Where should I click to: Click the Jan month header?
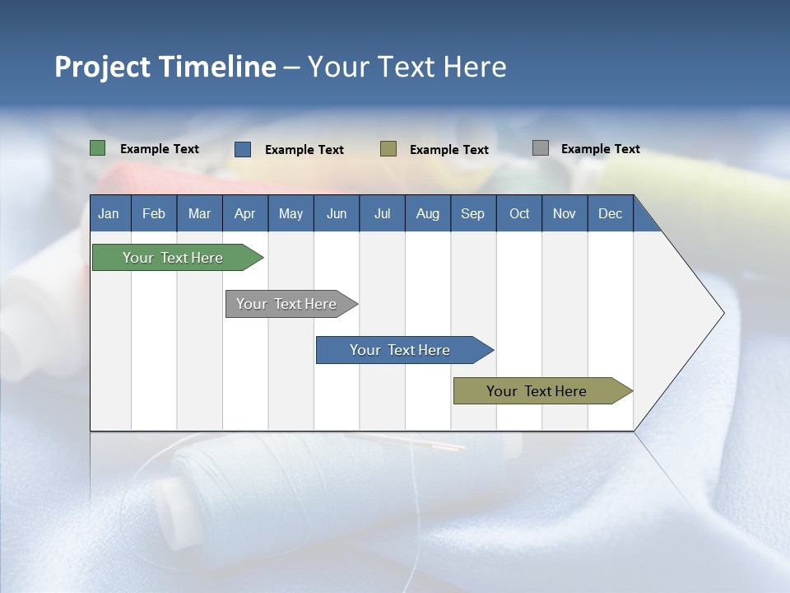coord(109,213)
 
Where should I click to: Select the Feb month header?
coord(154,213)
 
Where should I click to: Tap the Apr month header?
coord(244,213)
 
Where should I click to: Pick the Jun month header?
coord(337,213)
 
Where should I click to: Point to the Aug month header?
coord(427,213)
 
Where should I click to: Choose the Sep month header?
coord(472,213)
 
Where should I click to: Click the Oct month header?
coord(519,213)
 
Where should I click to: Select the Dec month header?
coord(610,213)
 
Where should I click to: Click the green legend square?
coord(97,148)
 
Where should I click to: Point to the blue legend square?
coord(243,149)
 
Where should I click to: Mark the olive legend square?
coord(388,149)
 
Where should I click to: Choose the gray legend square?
coord(541,148)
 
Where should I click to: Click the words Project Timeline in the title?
coord(165,67)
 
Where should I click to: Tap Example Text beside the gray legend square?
coord(600,149)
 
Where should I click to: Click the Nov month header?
coord(565,213)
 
